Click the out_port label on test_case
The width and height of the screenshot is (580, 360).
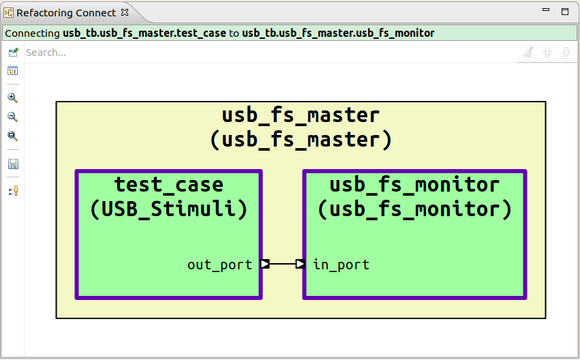(219, 265)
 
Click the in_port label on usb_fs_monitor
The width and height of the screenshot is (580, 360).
(341, 265)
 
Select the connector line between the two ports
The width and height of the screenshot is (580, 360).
(282, 264)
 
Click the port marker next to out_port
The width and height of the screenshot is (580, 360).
(265, 264)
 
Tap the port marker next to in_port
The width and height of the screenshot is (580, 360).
(300, 264)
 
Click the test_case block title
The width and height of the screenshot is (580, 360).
(168, 185)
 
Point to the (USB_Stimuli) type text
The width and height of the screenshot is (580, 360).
(168, 209)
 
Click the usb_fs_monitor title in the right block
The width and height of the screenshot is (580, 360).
(414, 185)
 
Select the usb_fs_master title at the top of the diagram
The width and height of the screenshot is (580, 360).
(301, 115)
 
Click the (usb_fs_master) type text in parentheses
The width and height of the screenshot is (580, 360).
(301, 139)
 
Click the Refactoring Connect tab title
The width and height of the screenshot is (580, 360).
(67, 12)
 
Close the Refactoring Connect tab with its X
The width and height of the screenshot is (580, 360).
(125, 12)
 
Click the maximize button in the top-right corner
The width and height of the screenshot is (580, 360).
(564, 12)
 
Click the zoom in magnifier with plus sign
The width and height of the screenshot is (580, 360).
(12, 97)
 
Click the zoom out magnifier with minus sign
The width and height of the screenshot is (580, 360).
(12, 117)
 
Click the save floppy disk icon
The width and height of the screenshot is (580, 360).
(12, 164)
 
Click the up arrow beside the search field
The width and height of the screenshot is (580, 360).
(547, 52)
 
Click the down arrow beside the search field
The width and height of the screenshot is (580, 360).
(566, 52)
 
